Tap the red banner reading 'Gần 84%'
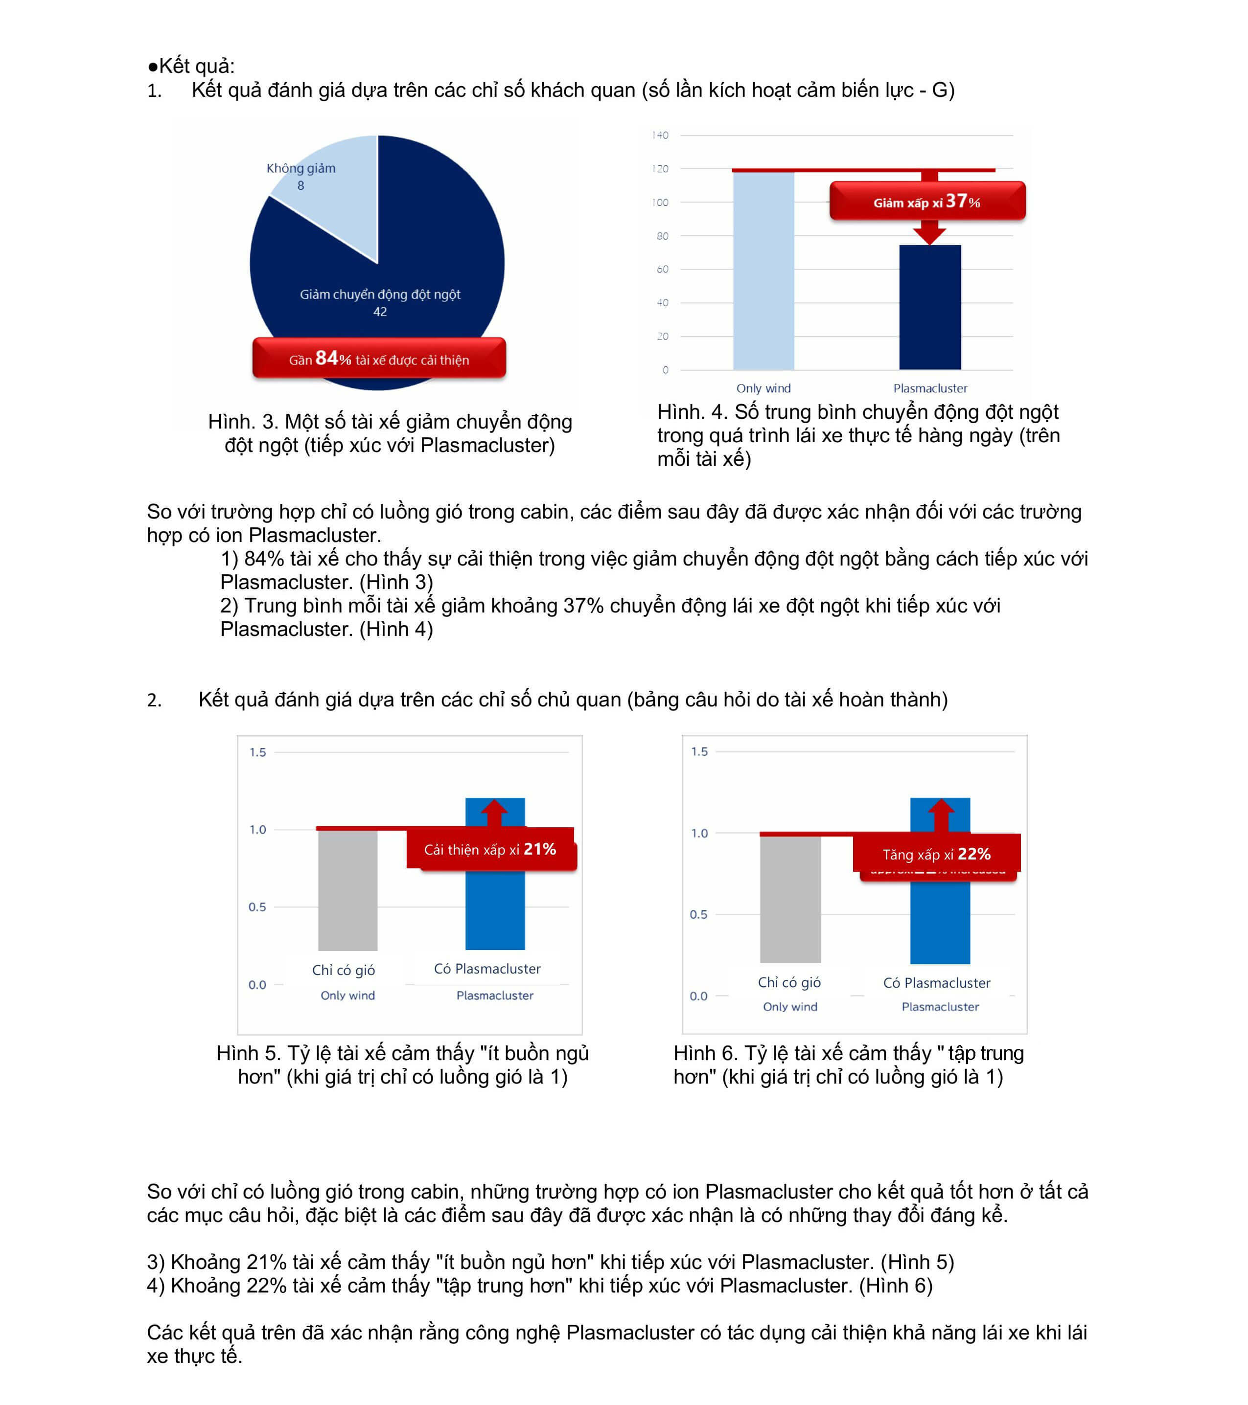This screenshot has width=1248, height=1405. tap(379, 358)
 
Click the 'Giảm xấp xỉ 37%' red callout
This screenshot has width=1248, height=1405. tap(927, 202)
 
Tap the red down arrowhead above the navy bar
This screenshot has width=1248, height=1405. tap(930, 236)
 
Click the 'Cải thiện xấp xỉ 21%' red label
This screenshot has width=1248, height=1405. tap(490, 850)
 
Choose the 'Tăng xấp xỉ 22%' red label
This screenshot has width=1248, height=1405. tap(937, 855)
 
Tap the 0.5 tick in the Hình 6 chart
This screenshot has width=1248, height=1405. tap(698, 914)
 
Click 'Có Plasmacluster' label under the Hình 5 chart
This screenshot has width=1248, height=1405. tap(487, 969)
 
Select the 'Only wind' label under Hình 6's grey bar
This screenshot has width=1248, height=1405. tap(790, 1006)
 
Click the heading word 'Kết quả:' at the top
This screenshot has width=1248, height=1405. tap(196, 66)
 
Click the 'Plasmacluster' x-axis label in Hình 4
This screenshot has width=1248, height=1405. tap(930, 388)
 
